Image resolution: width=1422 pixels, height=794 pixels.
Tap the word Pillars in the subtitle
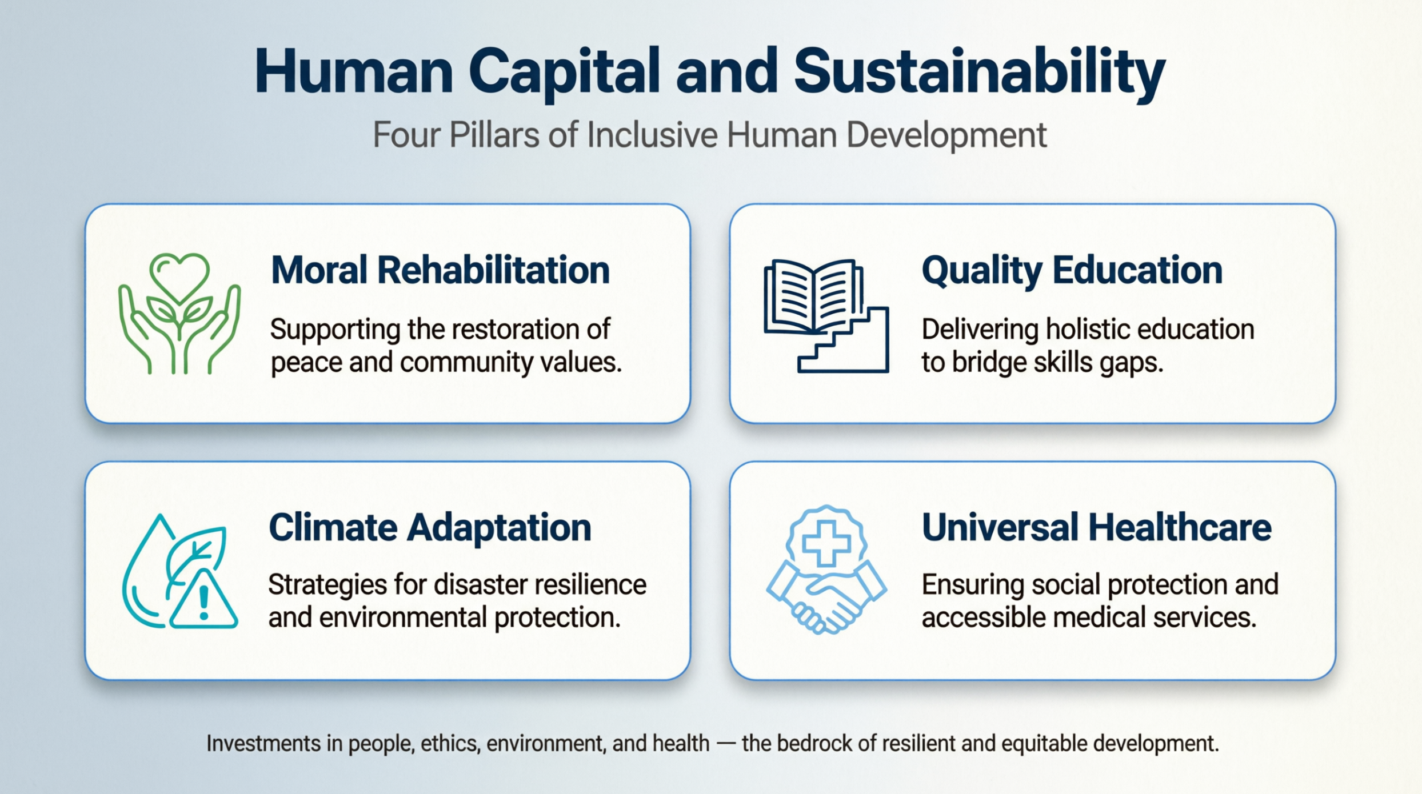[494, 135]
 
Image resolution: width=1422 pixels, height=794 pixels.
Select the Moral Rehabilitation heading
[440, 270]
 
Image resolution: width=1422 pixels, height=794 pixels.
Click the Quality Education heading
[1072, 270]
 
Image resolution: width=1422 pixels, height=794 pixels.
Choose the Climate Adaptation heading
[430, 527]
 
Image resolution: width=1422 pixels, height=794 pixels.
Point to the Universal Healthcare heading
[1096, 527]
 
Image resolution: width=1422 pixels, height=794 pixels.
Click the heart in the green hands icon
[179, 275]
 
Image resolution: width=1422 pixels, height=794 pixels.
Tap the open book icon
[813, 296]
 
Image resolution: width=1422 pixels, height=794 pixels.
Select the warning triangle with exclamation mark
[203, 601]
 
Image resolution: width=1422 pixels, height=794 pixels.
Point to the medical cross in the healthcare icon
[826, 543]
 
